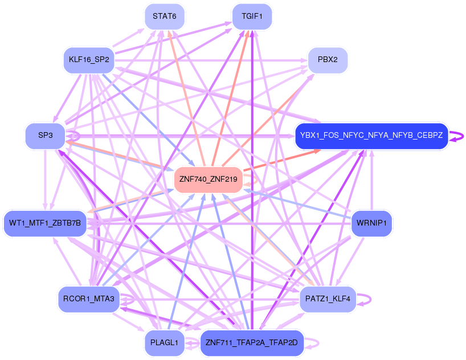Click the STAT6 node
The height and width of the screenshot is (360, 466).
coord(164,16)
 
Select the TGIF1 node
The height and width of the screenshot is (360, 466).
coord(252,16)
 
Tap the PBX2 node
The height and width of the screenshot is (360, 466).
coord(328,59)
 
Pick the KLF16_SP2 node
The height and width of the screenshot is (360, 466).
coord(89,60)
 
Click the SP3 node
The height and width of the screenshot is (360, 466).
coord(46,136)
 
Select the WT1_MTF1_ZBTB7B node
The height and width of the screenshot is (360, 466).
coord(46,223)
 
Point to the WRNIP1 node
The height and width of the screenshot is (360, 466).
coord(372,223)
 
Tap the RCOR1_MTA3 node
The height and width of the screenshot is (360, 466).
coord(89,299)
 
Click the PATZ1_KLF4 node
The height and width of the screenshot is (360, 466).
coord(328,299)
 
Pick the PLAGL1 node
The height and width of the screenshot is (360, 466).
coord(164,343)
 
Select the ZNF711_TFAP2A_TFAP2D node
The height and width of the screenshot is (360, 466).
coord(252,343)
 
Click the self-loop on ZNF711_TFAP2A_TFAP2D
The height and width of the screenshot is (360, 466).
coord(313,343)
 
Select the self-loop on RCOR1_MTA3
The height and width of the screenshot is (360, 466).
coord(129,298)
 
